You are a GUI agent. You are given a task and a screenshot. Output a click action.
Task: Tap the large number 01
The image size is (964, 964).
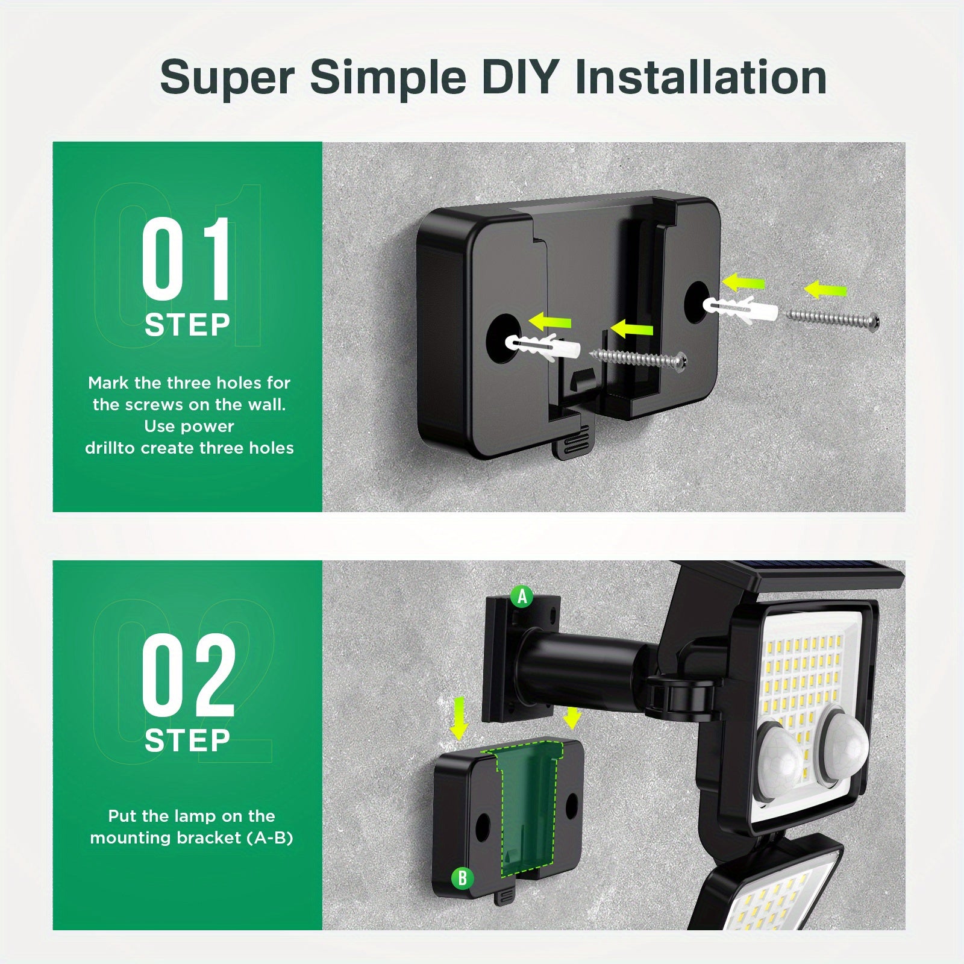point(186,260)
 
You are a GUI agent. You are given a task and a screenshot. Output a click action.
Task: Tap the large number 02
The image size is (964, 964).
point(188,675)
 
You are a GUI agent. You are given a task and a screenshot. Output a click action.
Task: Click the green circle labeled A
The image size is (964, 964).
point(522,596)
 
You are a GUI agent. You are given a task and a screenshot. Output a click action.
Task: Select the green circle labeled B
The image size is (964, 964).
point(462,878)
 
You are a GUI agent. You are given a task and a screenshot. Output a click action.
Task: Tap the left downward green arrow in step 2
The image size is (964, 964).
point(460,718)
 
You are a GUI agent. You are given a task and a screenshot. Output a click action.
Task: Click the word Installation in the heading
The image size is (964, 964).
point(701,77)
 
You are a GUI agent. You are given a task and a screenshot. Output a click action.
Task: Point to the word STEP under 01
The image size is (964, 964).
point(187,325)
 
